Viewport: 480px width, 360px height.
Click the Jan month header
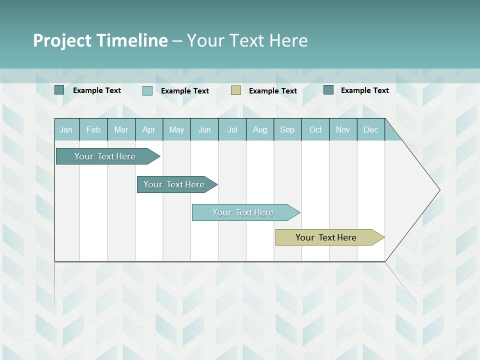pos(66,129)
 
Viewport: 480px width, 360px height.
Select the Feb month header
pos(93,129)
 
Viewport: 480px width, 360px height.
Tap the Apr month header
pos(149,129)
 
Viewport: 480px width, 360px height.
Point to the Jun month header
pos(204,129)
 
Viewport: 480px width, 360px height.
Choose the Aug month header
pos(260,129)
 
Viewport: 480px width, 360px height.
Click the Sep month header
pos(287,129)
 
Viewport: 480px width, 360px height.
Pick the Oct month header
pos(315,129)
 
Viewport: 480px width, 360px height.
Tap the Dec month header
pos(371,129)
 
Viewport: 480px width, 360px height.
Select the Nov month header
pos(343,129)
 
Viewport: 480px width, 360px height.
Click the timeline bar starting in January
pos(105,156)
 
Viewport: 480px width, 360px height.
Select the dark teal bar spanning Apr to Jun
pos(174,184)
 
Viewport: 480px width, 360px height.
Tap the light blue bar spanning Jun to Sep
pos(243,212)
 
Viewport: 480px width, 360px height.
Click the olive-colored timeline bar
pos(326,237)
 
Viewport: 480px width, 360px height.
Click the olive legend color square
pos(236,90)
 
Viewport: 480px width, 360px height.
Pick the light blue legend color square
pos(147,90)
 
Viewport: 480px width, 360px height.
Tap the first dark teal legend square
pos(59,90)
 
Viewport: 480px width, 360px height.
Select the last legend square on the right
pos(328,90)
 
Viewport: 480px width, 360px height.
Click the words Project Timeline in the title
pos(100,40)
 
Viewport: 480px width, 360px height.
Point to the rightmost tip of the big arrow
pos(439,190)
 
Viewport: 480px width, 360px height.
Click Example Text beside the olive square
pos(273,91)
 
